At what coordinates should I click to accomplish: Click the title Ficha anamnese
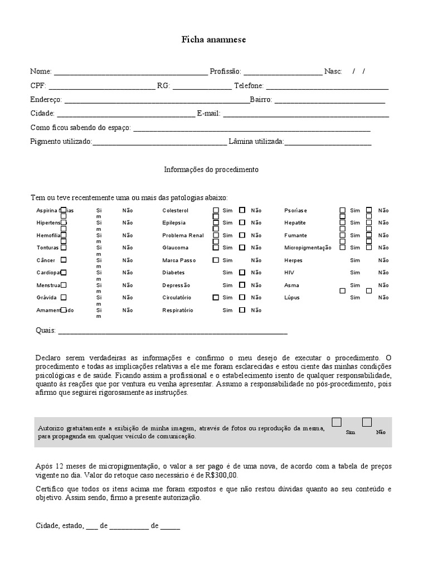213,40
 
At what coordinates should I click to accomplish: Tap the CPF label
38,86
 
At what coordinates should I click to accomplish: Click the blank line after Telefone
327,87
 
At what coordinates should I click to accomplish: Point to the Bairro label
261,100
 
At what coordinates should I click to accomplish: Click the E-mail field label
209,113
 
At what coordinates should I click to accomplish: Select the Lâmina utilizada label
256,142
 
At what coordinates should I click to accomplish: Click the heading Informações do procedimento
211,169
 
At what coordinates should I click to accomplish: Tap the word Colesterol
176,211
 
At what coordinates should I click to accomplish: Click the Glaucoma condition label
175,248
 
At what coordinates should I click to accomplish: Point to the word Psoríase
295,211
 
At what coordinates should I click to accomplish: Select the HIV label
289,273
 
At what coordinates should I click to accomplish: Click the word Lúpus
291,298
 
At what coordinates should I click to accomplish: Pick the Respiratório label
178,310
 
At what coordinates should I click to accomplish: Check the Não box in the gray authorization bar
367,422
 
